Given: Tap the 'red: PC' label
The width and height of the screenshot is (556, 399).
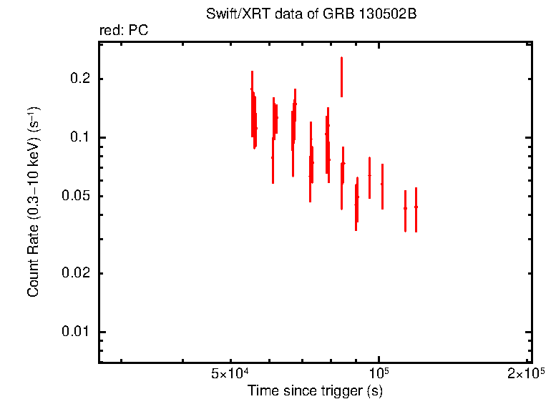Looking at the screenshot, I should (123, 31).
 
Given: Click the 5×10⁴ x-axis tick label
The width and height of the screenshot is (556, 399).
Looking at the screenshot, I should (230, 375).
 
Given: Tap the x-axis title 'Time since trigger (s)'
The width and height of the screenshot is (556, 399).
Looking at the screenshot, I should (315, 391).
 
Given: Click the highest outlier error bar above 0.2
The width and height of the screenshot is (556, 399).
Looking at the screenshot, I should (341, 77).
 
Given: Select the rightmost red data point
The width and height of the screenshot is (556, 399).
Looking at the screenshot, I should (416, 207).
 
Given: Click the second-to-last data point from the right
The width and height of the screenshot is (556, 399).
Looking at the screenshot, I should (405, 208).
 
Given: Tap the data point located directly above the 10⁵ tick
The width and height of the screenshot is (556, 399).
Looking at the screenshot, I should (382, 184).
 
